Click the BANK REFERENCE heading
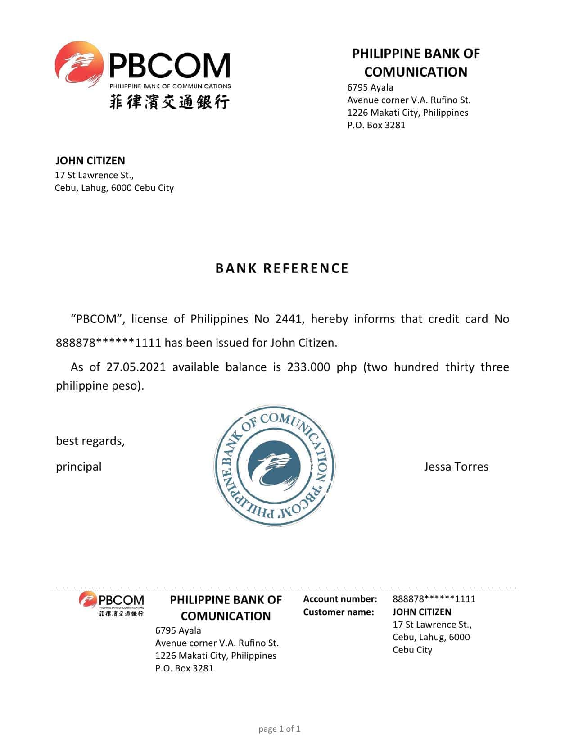[282, 268]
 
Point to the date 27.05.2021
[136, 367]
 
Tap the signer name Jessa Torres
[456, 467]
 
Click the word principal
[78, 467]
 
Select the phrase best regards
[90, 441]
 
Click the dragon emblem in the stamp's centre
[274, 466]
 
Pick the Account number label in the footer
[340, 599]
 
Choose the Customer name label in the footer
[338, 612]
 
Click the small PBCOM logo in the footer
[111, 604]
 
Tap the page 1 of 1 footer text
[279, 729]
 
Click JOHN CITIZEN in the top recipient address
[90, 161]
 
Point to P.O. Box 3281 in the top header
[376, 125]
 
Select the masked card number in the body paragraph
[108, 343]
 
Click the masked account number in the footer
[434, 599]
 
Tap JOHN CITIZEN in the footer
[421, 612]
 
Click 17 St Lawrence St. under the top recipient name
[94, 175]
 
